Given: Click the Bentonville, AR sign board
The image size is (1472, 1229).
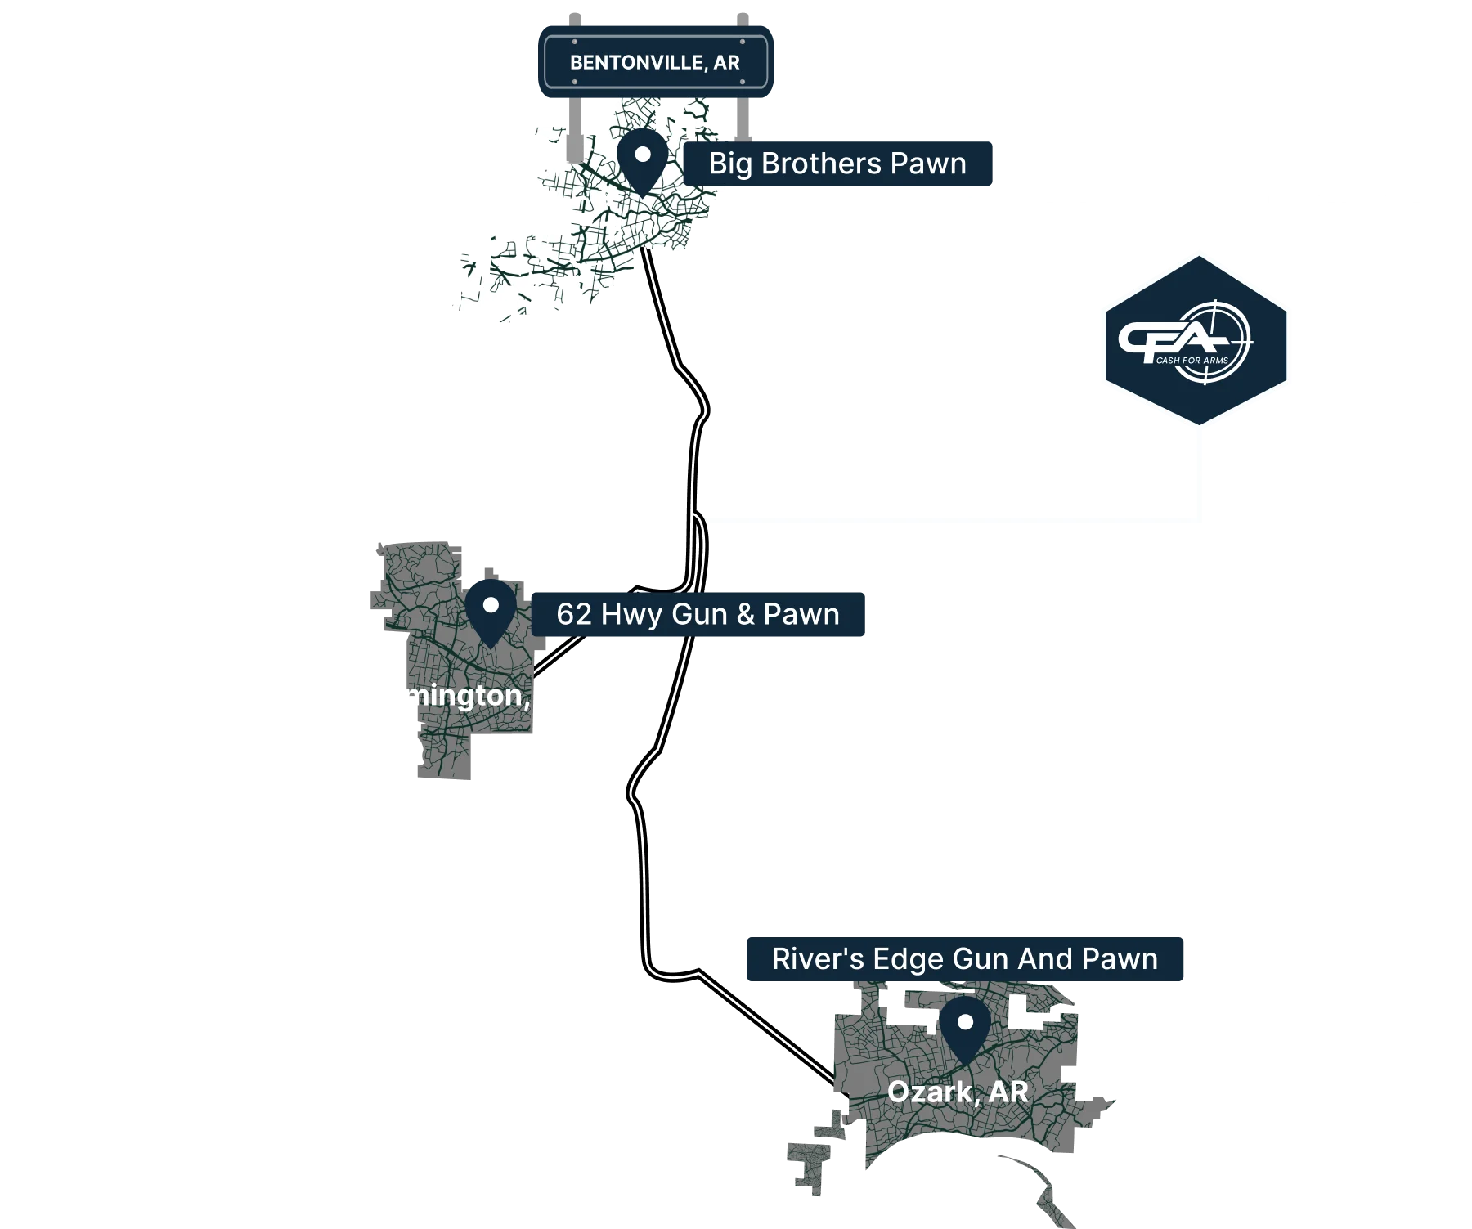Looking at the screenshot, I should click(656, 63).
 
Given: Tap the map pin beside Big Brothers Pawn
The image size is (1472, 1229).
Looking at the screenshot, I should click(642, 159).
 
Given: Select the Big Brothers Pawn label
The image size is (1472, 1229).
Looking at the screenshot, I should click(837, 164).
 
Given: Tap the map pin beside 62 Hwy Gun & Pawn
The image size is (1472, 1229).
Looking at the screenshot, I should click(491, 611).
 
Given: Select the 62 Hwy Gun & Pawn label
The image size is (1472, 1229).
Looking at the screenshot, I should click(698, 614).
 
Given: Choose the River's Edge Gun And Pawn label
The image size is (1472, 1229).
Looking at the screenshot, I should click(964, 958).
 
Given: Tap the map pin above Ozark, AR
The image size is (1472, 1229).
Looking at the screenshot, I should click(965, 1027).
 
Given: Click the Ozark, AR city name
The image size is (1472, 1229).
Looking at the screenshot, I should click(957, 1092).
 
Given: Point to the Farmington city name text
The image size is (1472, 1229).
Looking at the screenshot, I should click(466, 695).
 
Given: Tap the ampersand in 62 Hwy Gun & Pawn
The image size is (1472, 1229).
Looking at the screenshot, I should click(745, 614).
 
